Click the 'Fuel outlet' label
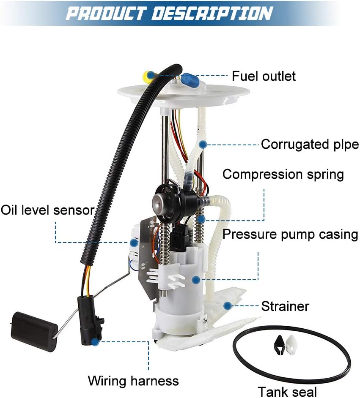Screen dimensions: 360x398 (x=264, y=76)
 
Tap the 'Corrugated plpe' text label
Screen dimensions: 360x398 (x=310, y=144)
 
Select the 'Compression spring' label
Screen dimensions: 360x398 (x=283, y=174)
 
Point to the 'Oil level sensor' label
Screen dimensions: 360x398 (x=47, y=210)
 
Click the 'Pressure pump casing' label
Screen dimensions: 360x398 (x=290, y=234)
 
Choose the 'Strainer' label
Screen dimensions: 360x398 (x=285, y=306)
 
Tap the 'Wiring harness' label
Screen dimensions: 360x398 (x=133, y=381)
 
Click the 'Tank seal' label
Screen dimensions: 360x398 (x=287, y=391)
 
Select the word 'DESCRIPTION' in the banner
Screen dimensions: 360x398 (x=212, y=13)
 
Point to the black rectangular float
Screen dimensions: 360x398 (x=33, y=329)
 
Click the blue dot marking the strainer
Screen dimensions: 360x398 (x=228, y=305)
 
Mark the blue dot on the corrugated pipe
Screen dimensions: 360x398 (x=203, y=144)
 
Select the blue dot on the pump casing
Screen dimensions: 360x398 (x=195, y=279)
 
